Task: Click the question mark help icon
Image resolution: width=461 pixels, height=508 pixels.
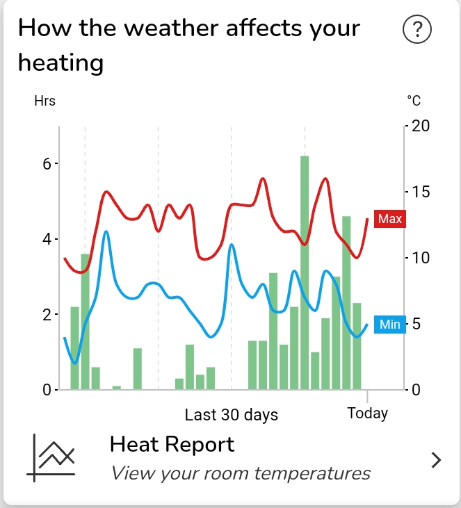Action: tap(417, 31)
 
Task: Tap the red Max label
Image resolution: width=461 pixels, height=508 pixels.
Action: tap(389, 220)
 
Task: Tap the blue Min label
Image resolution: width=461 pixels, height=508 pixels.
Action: tap(389, 325)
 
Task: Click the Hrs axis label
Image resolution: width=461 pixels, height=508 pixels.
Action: tap(45, 101)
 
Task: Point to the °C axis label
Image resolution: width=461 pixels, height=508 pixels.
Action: tap(414, 101)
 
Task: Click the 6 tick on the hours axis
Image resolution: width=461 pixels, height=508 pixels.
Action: tap(47, 164)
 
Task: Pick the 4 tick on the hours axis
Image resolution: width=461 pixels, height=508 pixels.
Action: tap(47, 240)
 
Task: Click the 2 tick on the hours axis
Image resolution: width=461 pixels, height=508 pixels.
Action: tap(47, 315)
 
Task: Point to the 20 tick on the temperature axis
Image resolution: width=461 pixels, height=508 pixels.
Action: tap(421, 126)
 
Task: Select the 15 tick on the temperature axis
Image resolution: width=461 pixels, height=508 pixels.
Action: tap(421, 192)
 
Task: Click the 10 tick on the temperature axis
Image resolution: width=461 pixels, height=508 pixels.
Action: tap(421, 258)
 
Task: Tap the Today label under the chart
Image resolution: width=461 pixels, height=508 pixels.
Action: tap(367, 413)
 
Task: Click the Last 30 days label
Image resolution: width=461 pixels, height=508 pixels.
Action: tap(231, 415)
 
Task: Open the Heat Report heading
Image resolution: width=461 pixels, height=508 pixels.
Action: tap(172, 444)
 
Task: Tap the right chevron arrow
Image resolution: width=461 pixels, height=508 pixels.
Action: tap(436, 459)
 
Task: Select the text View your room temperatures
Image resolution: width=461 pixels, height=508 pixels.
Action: tap(241, 474)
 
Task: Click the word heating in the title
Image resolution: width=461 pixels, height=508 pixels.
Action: tap(60, 63)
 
